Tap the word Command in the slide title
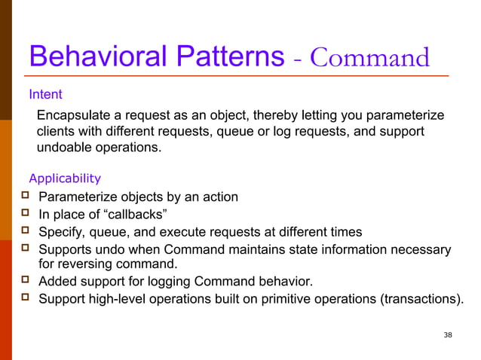pyautogui.click(x=370, y=58)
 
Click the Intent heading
pyautogui.click(x=45, y=95)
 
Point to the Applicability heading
pyautogui.click(x=64, y=178)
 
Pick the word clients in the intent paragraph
pyautogui.click(x=57, y=132)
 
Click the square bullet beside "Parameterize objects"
pyautogui.click(x=24, y=197)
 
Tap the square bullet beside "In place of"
pyautogui.click(x=24, y=214)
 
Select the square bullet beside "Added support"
pyautogui.click(x=24, y=281)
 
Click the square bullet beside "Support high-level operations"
pyautogui.click(x=24, y=298)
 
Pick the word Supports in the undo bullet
pyautogui.click(x=65, y=249)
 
